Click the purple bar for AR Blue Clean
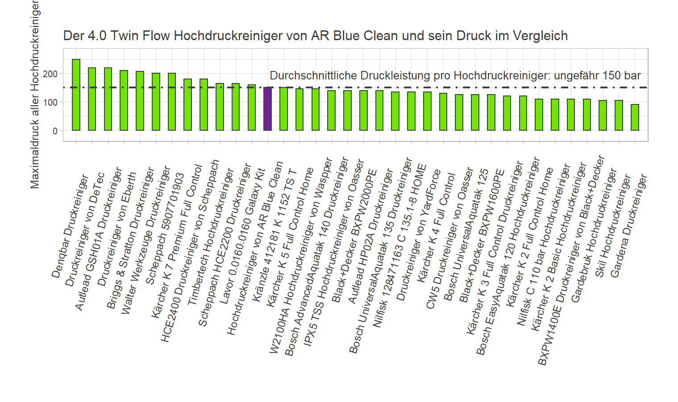(267, 109)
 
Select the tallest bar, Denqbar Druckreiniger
(76, 95)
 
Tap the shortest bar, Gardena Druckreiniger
(635, 117)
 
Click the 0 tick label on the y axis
(55, 131)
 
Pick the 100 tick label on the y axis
(50, 102)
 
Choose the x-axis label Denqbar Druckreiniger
(70, 226)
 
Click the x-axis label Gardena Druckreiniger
(628, 226)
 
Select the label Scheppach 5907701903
(165, 229)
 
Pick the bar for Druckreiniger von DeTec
(92, 99)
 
